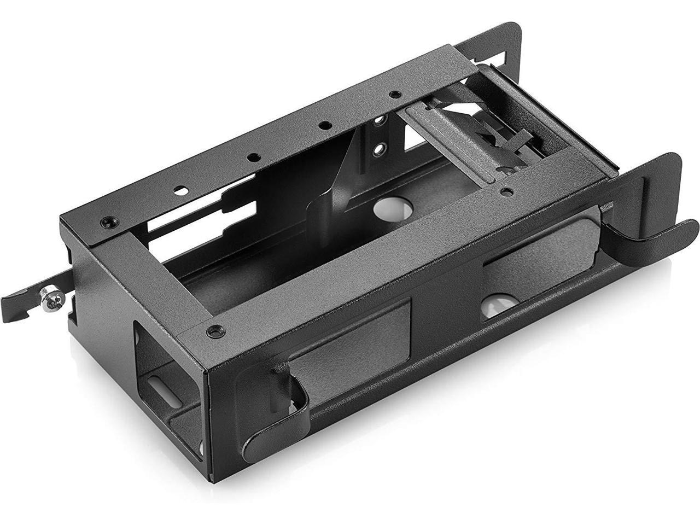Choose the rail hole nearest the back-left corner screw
179,190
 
